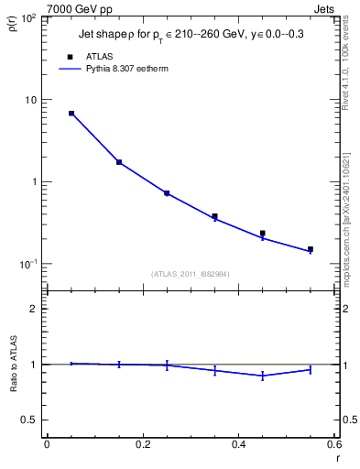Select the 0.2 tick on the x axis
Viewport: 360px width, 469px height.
[142, 444]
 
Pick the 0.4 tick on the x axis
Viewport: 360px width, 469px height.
[238, 444]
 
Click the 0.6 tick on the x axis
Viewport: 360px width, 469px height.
[334, 444]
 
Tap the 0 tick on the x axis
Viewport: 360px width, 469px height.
[47, 444]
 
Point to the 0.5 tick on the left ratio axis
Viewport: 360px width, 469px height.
[30, 420]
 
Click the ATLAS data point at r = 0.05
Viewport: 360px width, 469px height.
[71, 114]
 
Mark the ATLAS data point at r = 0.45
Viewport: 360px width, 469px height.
[263, 234]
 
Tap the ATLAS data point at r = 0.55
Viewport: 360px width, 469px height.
[311, 249]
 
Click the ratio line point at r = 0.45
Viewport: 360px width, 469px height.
[263, 376]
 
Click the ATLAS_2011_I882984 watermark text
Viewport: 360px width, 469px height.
[191, 273]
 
